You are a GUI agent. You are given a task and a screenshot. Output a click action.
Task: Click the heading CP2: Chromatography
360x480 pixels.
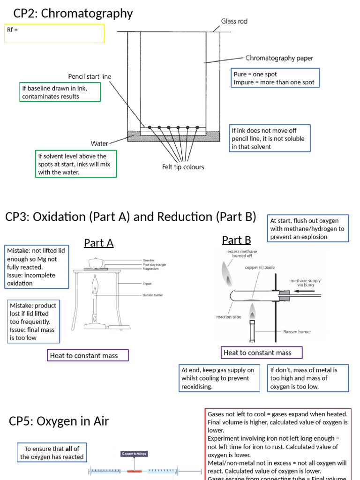point(73,14)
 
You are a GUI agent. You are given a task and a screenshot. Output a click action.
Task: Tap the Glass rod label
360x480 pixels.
point(234,21)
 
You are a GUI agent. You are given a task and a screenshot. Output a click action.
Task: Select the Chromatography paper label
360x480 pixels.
point(279,59)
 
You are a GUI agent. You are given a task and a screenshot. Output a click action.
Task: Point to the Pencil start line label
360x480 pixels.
point(90,76)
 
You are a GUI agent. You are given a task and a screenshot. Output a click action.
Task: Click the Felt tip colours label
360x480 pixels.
point(183,166)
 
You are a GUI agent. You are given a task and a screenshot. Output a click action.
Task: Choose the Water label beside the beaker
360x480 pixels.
point(99,143)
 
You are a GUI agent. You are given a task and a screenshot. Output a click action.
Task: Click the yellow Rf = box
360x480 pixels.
point(54,33)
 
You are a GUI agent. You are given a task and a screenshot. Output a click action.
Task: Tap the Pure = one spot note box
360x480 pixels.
point(276,78)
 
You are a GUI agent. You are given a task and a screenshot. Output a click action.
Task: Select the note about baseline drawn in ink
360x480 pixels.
point(60,92)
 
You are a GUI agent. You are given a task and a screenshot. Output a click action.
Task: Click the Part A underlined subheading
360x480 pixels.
point(98,243)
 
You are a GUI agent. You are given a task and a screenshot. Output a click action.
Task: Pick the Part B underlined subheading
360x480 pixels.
point(236,240)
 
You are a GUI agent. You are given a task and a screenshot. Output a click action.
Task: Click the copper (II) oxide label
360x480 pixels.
point(259,267)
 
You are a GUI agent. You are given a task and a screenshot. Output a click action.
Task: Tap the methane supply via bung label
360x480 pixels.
point(306,283)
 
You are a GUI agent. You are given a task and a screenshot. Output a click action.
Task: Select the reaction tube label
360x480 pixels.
point(228,317)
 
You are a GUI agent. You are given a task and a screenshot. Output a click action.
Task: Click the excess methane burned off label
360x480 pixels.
point(243,254)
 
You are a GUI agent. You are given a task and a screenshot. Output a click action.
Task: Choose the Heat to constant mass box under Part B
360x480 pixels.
point(262,352)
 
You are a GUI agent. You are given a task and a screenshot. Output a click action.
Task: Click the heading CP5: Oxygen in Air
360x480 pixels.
point(59,421)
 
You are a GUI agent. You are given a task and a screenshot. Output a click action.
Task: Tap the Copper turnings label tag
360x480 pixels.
point(134,453)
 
